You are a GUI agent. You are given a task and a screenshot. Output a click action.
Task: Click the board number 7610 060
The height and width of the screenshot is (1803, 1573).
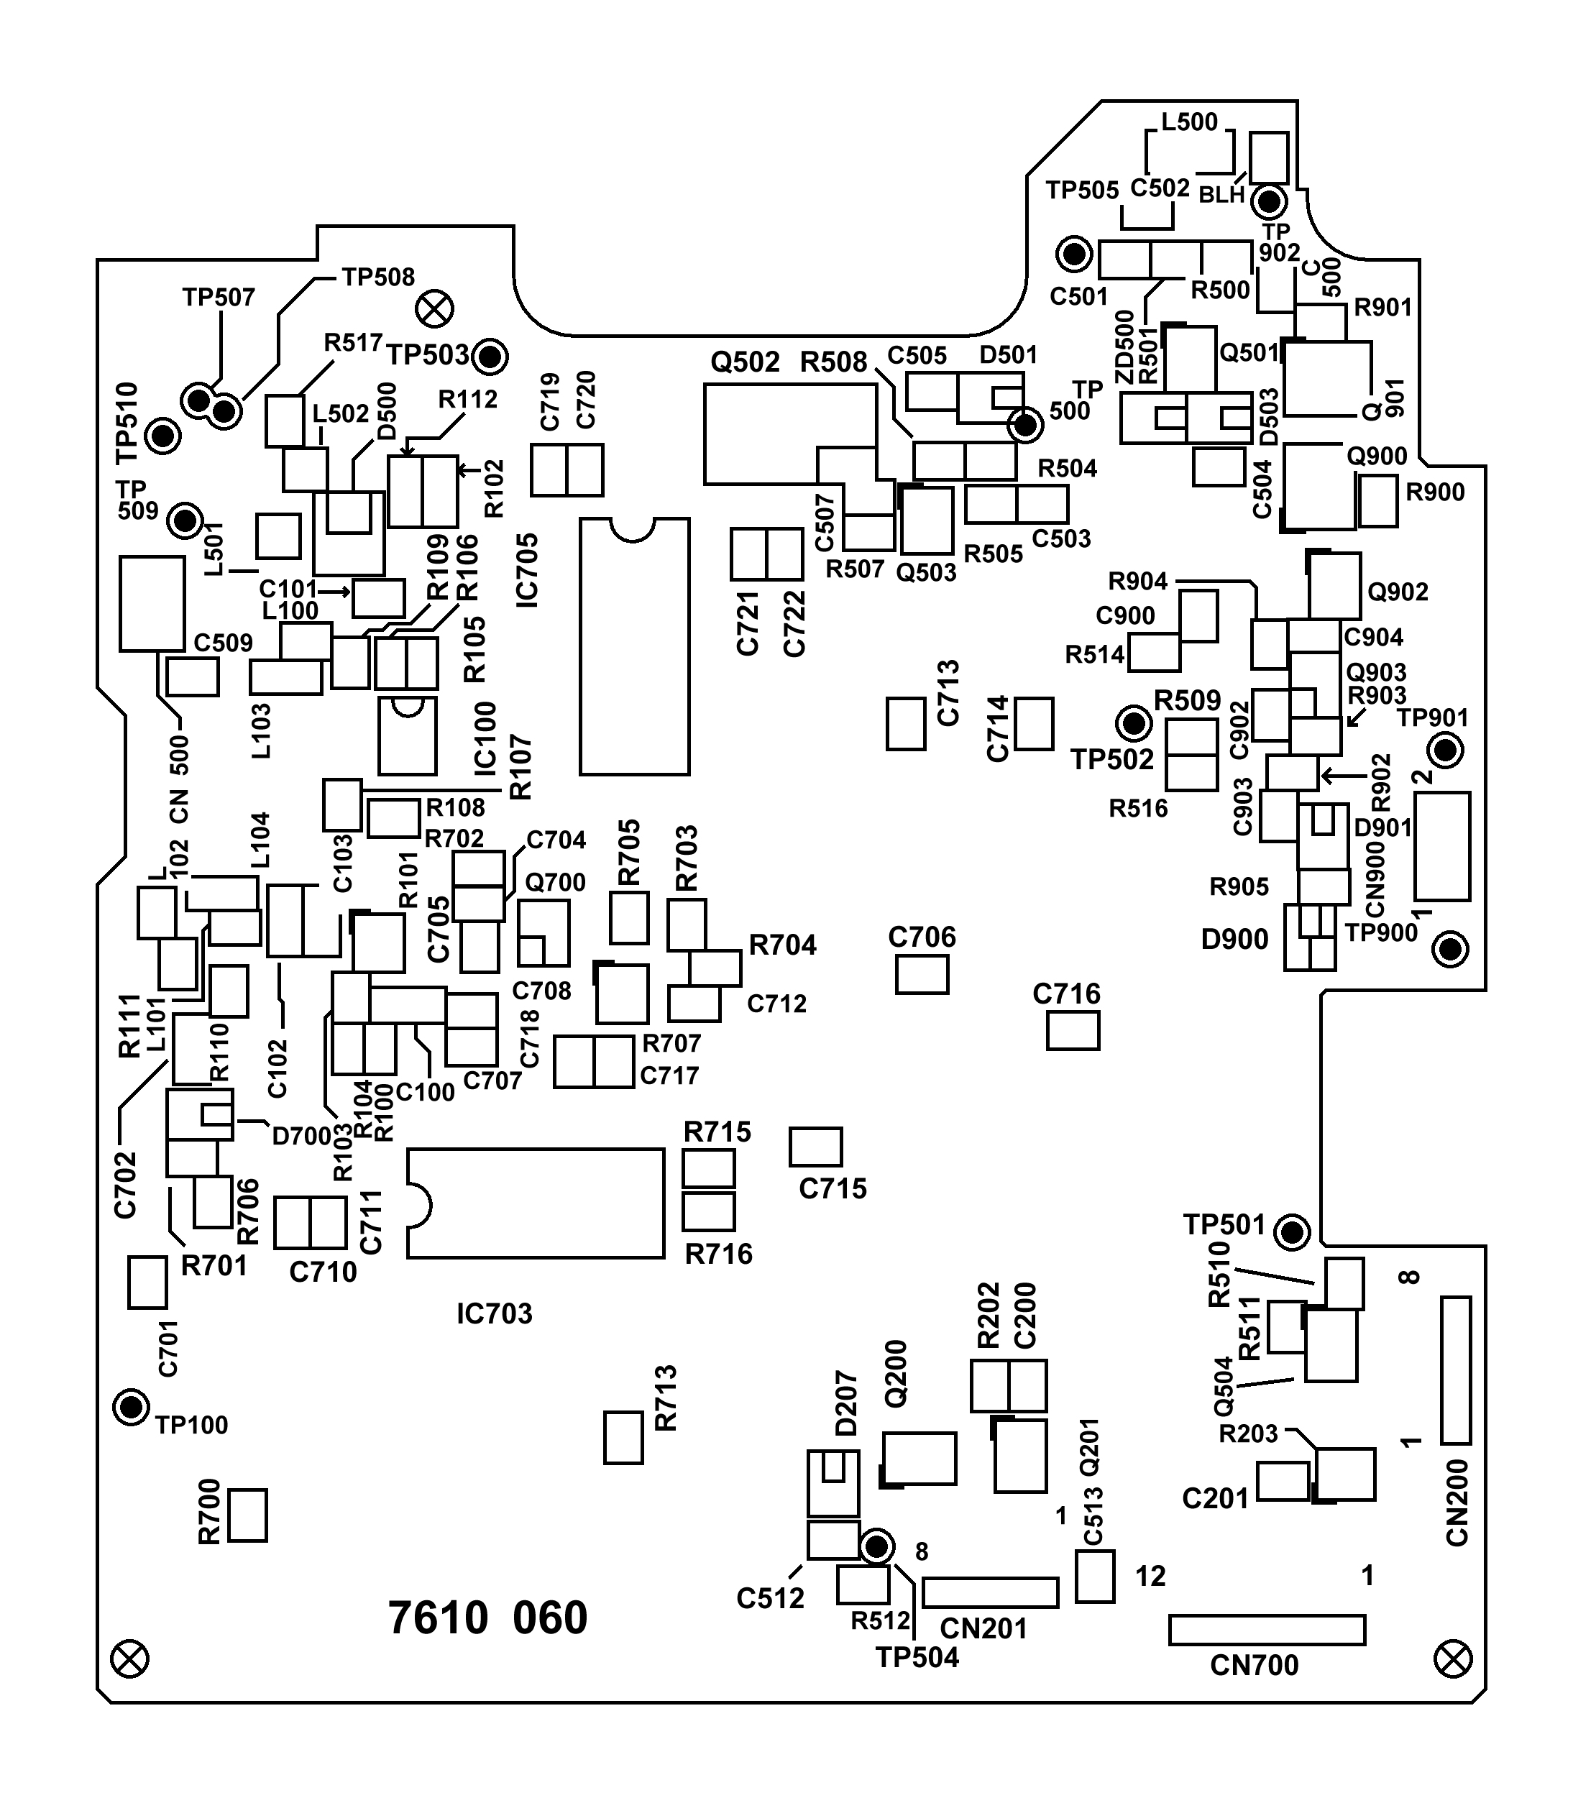[487, 1618]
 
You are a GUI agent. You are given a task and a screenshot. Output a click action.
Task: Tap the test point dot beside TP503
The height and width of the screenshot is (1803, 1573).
[490, 357]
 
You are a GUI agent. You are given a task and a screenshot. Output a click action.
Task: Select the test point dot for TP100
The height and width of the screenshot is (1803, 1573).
[132, 1408]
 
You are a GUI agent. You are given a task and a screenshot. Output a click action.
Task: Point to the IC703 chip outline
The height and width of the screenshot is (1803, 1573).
[536, 1203]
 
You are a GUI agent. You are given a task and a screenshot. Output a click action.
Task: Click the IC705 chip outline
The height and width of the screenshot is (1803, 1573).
[635, 647]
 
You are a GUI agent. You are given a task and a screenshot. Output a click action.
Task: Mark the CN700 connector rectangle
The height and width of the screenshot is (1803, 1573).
[1267, 1630]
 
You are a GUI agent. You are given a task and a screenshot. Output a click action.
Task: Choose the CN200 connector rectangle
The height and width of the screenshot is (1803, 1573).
[1455, 1370]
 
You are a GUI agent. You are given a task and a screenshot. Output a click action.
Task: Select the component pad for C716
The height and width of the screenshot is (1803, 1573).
[1073, 1030]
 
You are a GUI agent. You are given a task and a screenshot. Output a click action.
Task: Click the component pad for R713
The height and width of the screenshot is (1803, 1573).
[623, 1438]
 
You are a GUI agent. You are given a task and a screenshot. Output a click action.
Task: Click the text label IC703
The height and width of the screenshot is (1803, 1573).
[494, 1314]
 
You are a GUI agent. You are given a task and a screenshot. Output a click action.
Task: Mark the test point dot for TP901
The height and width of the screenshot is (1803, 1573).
[1445, 751]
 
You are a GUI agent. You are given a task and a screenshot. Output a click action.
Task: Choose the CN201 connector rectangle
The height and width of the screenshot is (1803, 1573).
[990, 1592]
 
